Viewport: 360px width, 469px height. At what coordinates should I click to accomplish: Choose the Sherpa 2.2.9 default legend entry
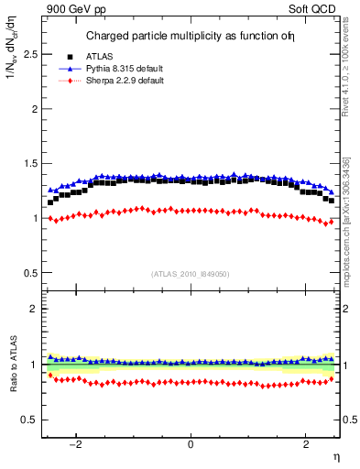click(125, 81)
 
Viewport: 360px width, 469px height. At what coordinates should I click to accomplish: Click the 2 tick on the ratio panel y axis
click(35, 310)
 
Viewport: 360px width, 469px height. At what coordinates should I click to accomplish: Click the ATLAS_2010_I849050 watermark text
click(190, 273)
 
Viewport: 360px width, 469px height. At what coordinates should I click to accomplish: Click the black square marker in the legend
click(70, 57)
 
